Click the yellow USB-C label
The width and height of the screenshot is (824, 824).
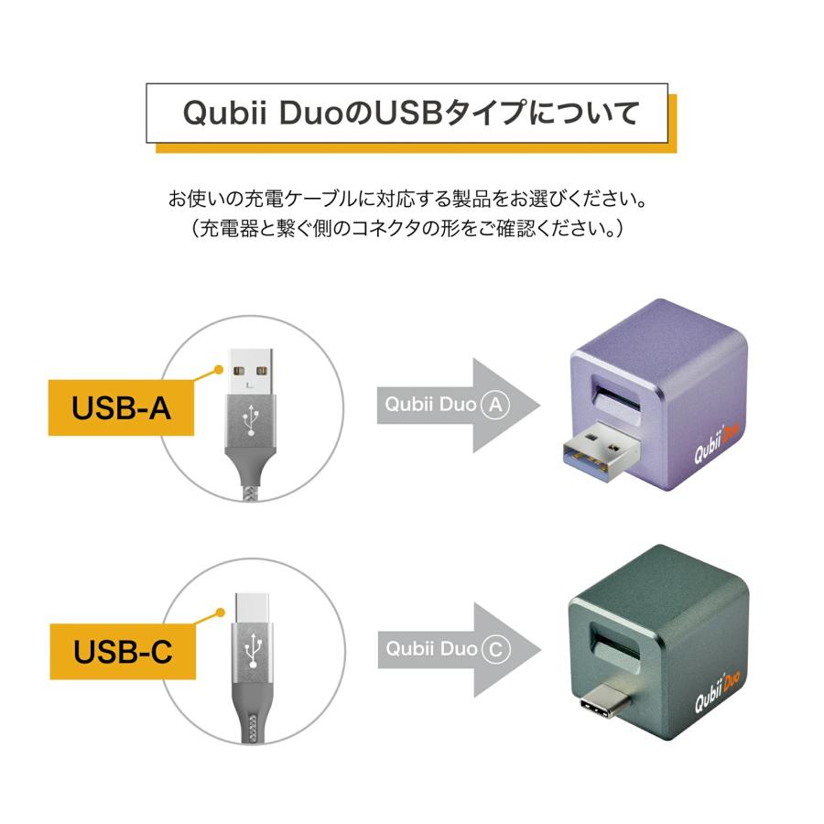pyautogui.click(x=122, y=653)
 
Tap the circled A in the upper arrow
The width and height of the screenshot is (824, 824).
pyautogui.click(x=494, y=406)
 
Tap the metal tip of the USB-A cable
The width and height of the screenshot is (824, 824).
pyautogui.click(x=249, y=374)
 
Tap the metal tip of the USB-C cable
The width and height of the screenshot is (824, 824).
pyautogui.click(x=250, y=605)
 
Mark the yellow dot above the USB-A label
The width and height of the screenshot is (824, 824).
pyautogui.click(x=218, y=370)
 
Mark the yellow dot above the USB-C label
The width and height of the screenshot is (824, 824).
pyautogui.click(x=219, y=613)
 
